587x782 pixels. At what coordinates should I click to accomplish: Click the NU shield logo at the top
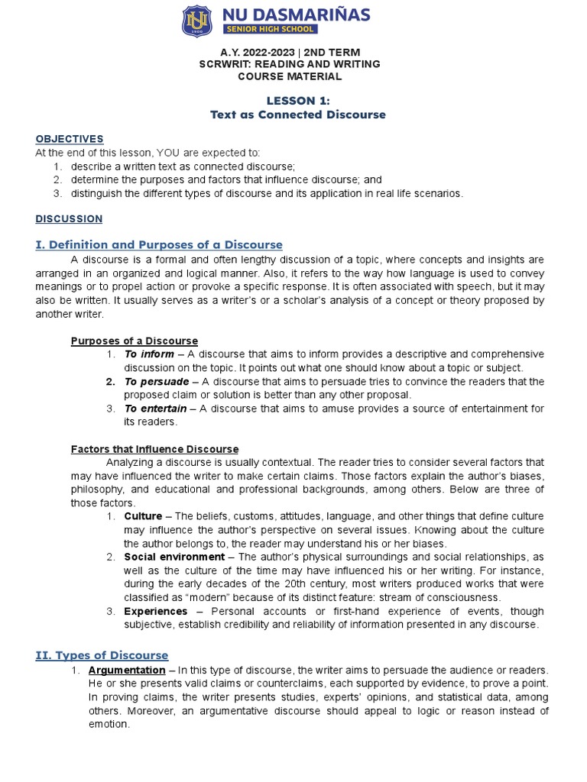tap(197, 21)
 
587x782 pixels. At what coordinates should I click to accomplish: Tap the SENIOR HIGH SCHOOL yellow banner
tap(269, 29)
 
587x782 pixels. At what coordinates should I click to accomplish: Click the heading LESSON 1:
tap(298, 100)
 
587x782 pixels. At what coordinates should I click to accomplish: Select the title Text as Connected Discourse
tap(298, 115)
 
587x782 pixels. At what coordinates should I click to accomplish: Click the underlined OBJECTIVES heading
tap(70, 139)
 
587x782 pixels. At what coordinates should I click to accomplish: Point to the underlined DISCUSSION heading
tap(69, 219)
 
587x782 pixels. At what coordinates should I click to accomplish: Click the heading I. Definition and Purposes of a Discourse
tap(159, 244)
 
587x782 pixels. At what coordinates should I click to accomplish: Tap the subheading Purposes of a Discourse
tap(135, 341)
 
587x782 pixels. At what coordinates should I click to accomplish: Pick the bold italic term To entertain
tap(155, 409)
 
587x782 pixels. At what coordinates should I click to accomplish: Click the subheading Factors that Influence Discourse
tap(154, 449)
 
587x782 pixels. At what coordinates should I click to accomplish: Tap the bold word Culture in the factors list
tap(144, 516)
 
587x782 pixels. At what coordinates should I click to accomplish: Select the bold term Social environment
tap(174, 557)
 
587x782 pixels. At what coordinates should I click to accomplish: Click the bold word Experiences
tap(156, 611)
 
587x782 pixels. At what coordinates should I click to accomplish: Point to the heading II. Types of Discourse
tap(102, 655)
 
